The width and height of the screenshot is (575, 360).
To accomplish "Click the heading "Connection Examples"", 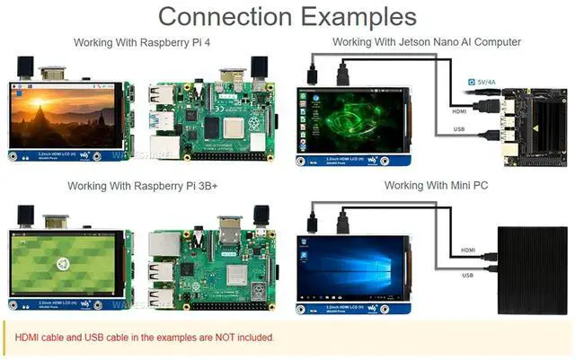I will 287,16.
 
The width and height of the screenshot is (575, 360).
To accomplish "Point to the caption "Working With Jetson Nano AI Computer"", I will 426,42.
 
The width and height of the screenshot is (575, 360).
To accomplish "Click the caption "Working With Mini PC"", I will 436,186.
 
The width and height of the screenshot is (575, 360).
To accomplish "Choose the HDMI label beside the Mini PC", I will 468,250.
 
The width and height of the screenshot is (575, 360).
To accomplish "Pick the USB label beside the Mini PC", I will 467,275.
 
